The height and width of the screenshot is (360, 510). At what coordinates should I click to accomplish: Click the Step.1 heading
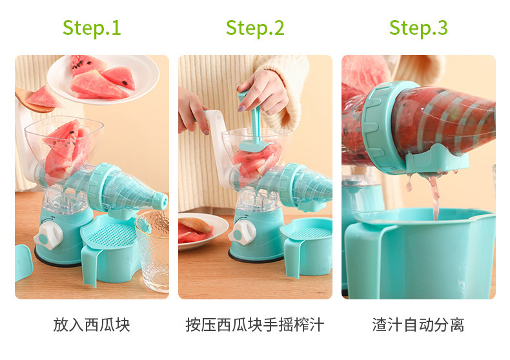pyautogui.click(x=92, y=28)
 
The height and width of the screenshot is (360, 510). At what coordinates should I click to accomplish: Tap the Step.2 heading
pyautogui.click(x=255, y=28)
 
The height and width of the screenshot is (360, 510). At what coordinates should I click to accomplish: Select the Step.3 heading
pyautogui.click(x=418, y=28)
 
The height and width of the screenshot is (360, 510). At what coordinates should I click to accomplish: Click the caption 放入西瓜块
pyautogui.click(x=92, y=325)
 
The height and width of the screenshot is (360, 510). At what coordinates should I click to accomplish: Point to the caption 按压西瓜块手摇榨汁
pyautogui.click(x=255, y=325)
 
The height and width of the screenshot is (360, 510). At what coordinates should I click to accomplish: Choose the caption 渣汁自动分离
pyautogui.click(x=418, y=325)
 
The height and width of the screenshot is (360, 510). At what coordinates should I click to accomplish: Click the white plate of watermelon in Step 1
pyautogui.click(x=103, y=79)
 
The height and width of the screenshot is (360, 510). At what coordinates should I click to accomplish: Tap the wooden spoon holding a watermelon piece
pyautogui.click(x=35, y=99)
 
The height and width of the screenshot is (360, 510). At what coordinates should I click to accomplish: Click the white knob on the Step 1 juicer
pyautogui.click(x=49, y=235)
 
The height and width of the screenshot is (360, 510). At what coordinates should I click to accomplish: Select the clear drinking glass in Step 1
pyautogui.click(x=152, y=250)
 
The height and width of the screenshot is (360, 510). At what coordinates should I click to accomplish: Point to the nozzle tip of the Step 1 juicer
pyautogui.click(x=161, y=201)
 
